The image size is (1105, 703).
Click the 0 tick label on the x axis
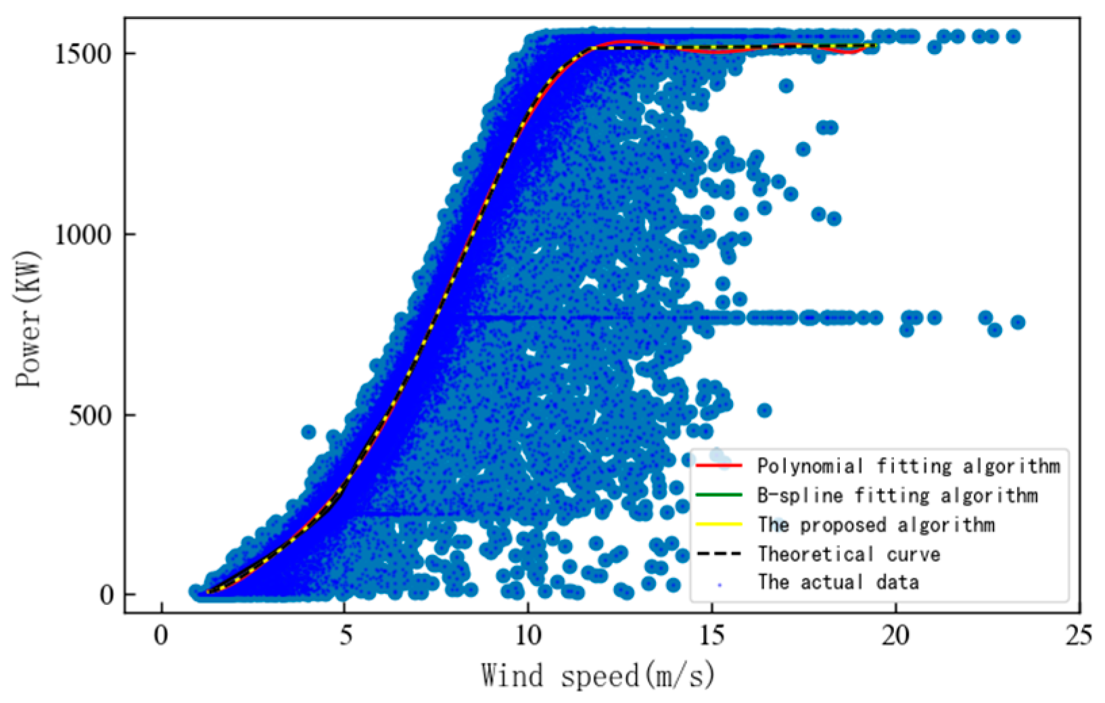[x=161, y=636]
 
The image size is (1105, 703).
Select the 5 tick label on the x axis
[x=345, y=636]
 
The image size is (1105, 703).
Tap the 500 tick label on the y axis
[x=91, y=415]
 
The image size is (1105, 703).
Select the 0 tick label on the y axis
[x=107, y=595]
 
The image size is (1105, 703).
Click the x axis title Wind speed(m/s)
[x=598, y=675]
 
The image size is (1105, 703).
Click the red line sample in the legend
[x=719, y=466]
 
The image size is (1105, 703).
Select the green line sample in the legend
[x=719, y=495]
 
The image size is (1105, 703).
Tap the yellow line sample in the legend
[x=719, y=525]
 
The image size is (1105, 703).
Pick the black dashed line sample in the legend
[x=719, y=554]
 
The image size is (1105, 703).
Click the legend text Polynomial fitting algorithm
[x=908, y=466]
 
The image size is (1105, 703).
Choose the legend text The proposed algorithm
[x=876, y=525]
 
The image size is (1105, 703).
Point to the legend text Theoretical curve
[x=849, y=554]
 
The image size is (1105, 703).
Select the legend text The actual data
[x=838, y=582]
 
